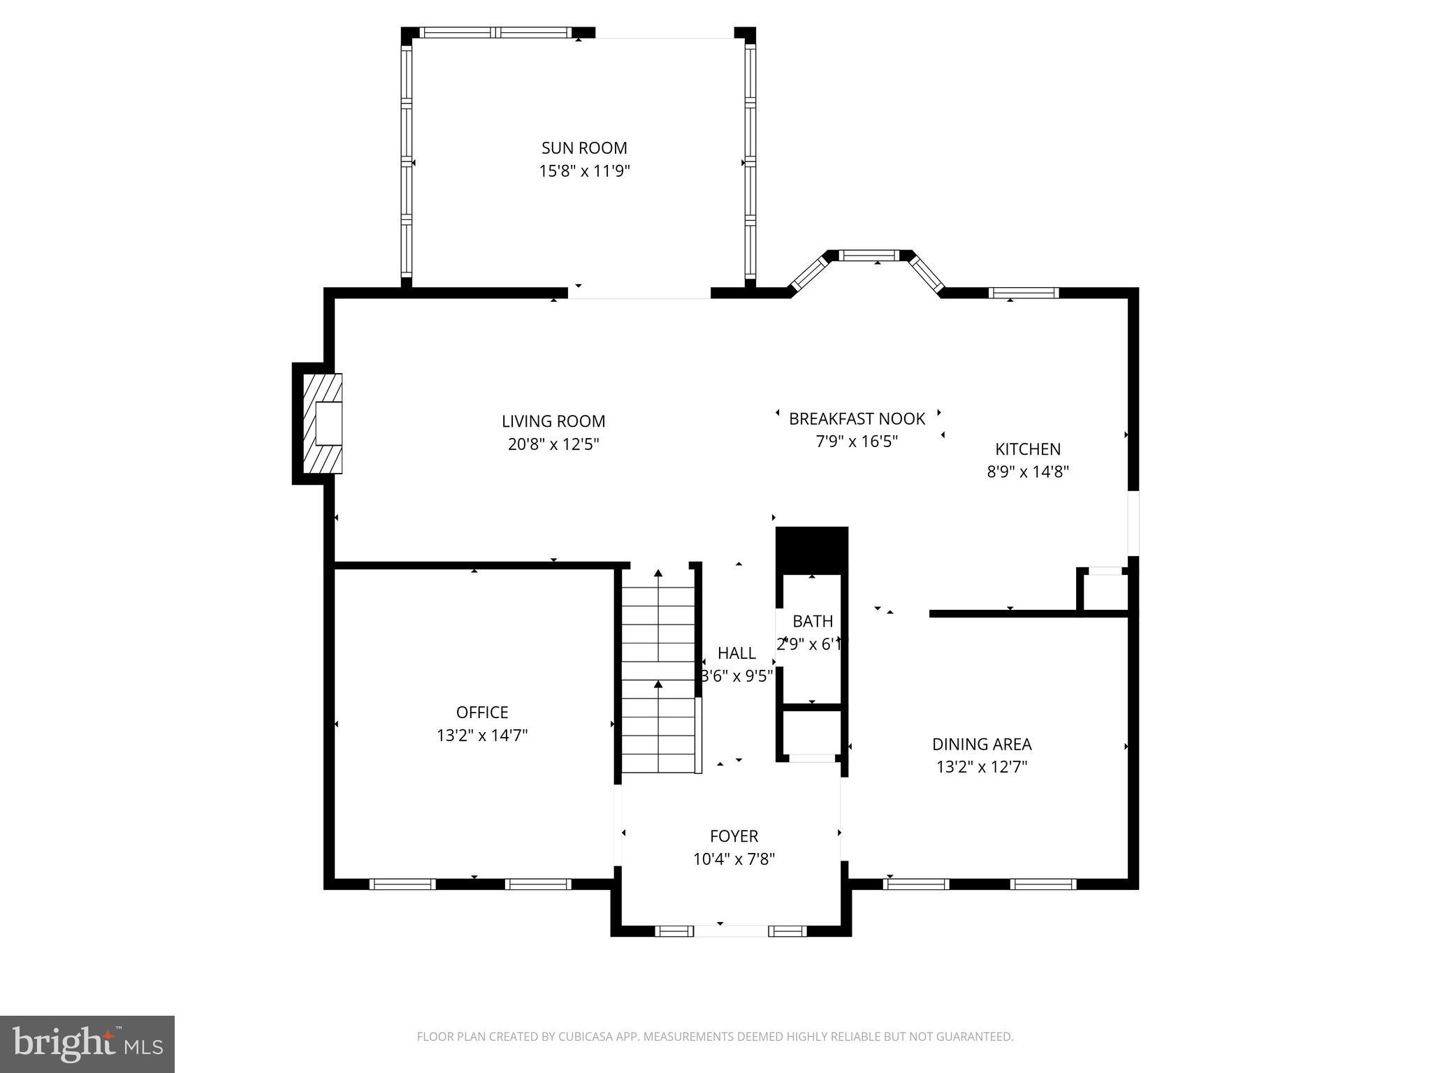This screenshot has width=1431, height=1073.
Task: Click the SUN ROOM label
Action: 584,148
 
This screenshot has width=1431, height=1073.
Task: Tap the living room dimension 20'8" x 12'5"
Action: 553,444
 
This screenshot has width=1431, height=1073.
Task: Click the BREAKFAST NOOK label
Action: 857,419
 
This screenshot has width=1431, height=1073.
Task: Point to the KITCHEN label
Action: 1027,449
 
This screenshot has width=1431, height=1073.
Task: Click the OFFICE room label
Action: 482,713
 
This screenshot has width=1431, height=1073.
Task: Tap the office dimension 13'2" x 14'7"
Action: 482,736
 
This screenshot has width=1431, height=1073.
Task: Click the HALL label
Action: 736,653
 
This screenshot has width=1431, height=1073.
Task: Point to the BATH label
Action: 813,621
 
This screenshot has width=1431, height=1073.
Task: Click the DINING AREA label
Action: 981,745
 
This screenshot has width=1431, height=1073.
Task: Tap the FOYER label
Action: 734,836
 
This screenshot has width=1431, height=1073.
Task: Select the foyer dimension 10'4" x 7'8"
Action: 734,859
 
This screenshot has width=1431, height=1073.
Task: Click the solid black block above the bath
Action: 812,550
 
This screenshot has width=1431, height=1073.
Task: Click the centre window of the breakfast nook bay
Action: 869,256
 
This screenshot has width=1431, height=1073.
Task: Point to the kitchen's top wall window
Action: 1024,293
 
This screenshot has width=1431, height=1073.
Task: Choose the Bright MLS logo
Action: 87,1044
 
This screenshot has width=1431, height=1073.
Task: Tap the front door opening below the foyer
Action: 731,931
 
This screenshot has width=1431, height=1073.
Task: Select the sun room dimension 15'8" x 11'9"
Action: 584,171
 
